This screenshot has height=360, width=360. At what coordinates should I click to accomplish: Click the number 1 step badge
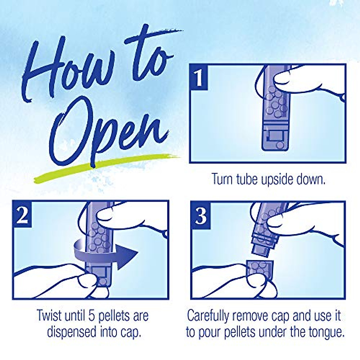tap(199, 77)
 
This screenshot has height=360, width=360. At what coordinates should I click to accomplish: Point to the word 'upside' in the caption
tap(277, 179)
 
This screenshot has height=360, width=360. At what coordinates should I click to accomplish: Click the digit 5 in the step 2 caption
tap(92, 316)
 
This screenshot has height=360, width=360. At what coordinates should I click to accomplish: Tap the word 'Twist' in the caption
tap(49, 315)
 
